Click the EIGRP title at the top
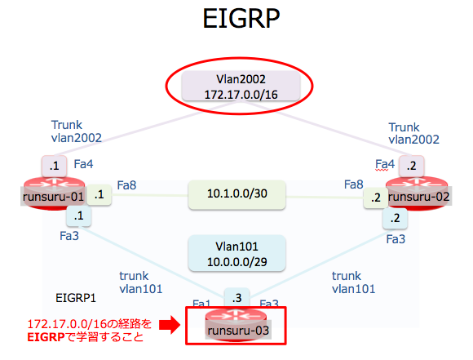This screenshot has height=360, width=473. (x=241, y=18)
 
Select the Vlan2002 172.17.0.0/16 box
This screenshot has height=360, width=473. (x=241, y=87)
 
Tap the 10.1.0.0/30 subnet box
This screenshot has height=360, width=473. (x=236, y=194)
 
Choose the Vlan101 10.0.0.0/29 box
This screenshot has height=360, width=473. (x=236, y=253)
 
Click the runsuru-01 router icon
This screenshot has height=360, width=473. (x=55, y=193)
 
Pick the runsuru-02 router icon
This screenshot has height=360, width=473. (x=418, y=193)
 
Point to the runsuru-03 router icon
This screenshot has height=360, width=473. (x=236, y=326)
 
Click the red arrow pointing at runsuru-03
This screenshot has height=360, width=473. (x=170, y=325)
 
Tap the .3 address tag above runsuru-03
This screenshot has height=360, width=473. (x=236, y=298)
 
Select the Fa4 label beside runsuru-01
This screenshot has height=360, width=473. (x=83, y=164)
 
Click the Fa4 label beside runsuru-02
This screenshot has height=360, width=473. (x=385, y=165)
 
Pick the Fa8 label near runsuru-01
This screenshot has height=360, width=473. (x=126, y=184)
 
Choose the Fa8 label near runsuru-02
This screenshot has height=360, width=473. (x=354, y=184)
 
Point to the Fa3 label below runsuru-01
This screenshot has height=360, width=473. (x=69, y=236)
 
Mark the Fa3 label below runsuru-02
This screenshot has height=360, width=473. (x=396, y=239)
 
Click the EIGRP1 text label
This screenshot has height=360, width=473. (x=76, y=298)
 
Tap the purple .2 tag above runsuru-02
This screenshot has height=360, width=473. (x=412, y=166)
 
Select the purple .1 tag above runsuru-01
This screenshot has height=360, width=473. (x=55, y=166)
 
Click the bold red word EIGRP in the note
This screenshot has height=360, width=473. (x=46, y=337)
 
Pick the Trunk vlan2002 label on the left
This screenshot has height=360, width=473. (x=77, y=131)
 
